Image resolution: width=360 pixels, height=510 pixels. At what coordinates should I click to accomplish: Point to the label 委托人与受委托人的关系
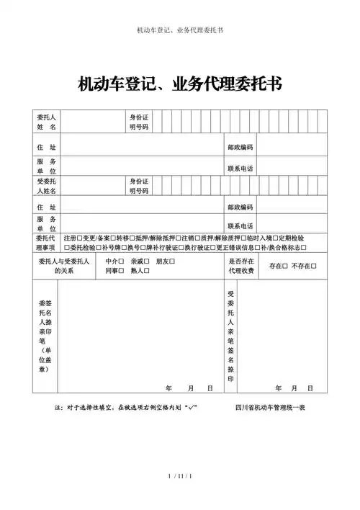(63, 265)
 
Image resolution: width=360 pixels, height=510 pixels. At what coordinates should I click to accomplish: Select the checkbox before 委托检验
(67, 247)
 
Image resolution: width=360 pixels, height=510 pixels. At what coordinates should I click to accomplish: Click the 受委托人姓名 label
(47, 187)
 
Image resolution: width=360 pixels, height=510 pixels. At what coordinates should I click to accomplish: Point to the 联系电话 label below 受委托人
(240, 225)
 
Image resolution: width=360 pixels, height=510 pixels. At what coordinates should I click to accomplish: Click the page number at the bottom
(179, 496)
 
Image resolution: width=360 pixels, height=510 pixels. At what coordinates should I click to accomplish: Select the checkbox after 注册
(79, 237)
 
